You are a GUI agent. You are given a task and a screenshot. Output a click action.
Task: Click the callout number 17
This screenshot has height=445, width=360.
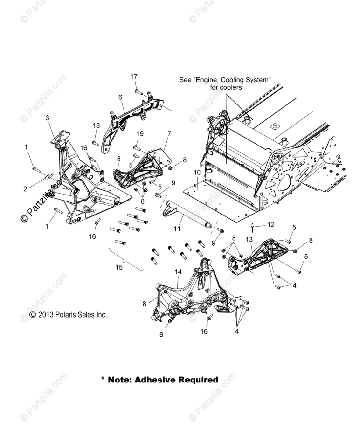134,76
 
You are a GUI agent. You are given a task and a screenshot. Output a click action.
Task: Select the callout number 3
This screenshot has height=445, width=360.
47,118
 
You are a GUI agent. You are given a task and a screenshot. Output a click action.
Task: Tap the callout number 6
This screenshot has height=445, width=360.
120,97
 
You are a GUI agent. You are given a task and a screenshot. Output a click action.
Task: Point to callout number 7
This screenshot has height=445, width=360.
169,133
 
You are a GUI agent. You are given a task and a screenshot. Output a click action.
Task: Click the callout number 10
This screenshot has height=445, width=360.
197,172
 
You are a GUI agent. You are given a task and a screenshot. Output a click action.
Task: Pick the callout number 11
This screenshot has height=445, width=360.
177,229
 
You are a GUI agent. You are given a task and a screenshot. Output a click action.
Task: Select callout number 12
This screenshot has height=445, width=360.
271,225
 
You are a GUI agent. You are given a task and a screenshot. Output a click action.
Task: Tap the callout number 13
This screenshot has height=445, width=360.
249,239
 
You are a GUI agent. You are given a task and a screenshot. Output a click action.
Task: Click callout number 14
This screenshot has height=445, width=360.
178,272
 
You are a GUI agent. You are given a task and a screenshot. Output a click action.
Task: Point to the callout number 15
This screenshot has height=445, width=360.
119,267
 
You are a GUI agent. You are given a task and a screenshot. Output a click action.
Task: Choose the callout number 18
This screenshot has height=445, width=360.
96,126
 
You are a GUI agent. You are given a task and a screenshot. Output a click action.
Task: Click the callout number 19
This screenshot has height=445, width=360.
140,133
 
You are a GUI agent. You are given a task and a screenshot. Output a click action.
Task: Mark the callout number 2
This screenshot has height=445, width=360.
25,189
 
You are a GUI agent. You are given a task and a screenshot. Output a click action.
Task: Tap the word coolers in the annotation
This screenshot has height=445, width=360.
229,88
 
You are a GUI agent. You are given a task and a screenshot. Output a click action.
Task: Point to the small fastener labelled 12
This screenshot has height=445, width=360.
252,224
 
